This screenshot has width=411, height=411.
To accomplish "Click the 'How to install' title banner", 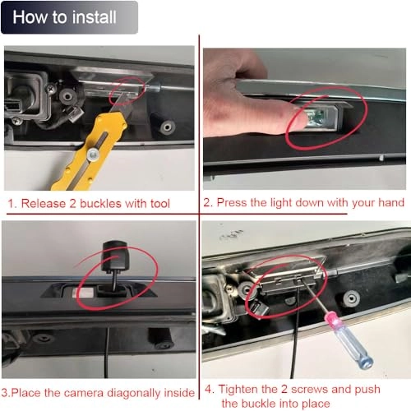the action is click(x=69, y=17).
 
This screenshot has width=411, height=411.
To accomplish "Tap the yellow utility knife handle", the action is click(x=89, y=154).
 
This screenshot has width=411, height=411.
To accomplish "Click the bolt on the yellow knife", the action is click(x=93, y=155).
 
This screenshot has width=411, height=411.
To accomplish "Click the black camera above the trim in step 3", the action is click(x=115, y=256).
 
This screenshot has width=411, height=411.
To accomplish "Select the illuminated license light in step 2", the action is click(x=317, y=118).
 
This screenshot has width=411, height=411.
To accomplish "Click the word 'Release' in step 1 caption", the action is click(x=44, y=204).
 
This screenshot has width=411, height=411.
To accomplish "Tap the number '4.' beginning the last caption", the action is click(x=210, y=390).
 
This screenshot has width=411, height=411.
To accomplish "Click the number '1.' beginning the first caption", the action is click(x=12, y=204).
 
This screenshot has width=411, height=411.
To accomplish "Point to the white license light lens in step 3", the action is click(x=83, y=293).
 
